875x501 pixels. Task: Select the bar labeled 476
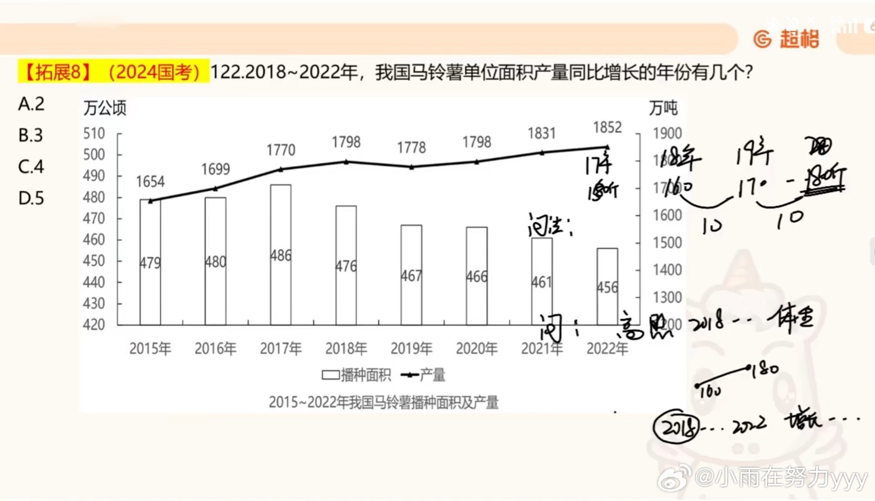346,265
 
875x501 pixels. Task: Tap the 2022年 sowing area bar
607,286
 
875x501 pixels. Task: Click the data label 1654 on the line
150,181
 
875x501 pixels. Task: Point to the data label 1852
607,127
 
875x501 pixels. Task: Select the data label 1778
411,148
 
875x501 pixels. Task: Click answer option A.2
31,104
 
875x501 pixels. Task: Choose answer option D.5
31,198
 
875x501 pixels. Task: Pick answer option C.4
31,167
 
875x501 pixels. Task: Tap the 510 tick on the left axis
94,134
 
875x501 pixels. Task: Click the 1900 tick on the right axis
667,134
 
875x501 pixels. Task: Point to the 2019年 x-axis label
411,348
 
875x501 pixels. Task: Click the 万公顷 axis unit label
105,108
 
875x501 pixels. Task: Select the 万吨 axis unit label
663,108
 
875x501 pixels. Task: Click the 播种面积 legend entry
357,375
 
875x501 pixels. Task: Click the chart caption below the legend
383,402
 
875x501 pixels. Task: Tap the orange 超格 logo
787,39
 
